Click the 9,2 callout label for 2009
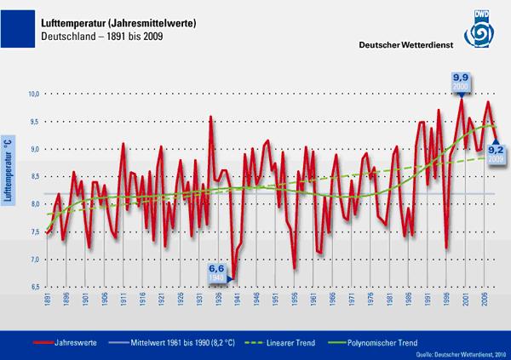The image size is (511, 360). pyautogui.click(x=496, y=154)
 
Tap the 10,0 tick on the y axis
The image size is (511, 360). pyautogui.click(x=33, y=94)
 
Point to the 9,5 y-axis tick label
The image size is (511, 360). pyautogui.click(x=33, y=122)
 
